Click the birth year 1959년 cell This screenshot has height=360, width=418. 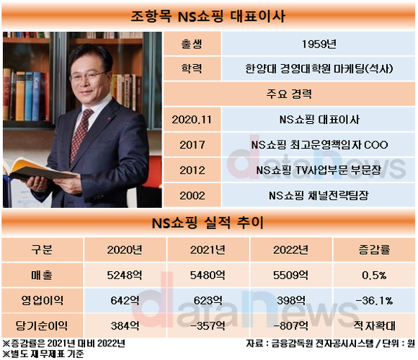coord(319,44)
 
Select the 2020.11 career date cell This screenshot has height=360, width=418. coord(192,120)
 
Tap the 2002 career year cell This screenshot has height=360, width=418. coord(192,196)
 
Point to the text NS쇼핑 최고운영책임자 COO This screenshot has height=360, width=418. coord(319,145)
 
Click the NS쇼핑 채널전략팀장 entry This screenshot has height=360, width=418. coord(319,196)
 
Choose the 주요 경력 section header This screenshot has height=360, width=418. coord(289,94)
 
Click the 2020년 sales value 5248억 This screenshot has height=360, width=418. coord(125,275)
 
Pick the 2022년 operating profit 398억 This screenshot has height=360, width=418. coord(291,301)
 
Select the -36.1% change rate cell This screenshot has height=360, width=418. coord(374,301)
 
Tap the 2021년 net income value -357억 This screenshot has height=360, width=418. coord(208,326)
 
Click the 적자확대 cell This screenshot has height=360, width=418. coord(374,325)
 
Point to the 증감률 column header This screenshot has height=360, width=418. coord(374,250)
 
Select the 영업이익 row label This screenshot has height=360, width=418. coord(42,301)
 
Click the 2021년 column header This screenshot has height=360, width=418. coord(208,250)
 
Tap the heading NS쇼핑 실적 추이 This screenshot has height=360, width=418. coord(208,223)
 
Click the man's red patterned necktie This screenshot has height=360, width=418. coord(81,133)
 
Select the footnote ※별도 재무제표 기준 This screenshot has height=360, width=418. coord(43,354)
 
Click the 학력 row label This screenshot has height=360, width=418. coord(192,69)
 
